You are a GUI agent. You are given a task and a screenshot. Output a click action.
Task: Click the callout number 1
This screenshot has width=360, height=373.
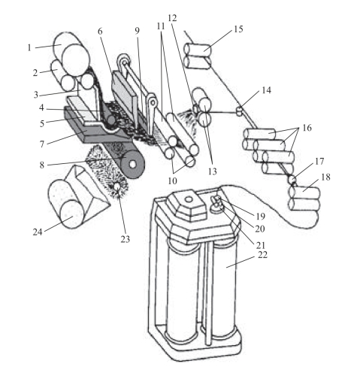[x=29, y=47]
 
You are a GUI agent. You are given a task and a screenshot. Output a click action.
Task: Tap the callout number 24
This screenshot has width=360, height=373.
[x=38, y=232]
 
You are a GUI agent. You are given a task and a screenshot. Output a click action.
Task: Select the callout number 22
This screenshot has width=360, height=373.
[x=262, y=255]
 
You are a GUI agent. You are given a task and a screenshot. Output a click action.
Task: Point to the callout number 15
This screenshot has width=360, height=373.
[x=238, y=29]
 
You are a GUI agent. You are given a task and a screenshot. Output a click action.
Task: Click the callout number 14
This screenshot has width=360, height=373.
[x=267, y=90]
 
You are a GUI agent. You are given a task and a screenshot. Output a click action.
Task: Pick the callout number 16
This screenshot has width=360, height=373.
[x=307, y=128]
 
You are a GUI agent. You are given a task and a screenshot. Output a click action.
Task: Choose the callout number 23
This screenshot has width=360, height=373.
[x=126, y=239]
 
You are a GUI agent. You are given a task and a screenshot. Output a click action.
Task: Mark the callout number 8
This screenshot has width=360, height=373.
[x=42, y=165]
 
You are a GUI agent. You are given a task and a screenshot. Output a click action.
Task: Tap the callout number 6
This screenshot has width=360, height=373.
[x=100, y=32]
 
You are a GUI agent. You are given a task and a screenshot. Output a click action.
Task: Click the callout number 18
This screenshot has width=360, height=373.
[x=325, y=177]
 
